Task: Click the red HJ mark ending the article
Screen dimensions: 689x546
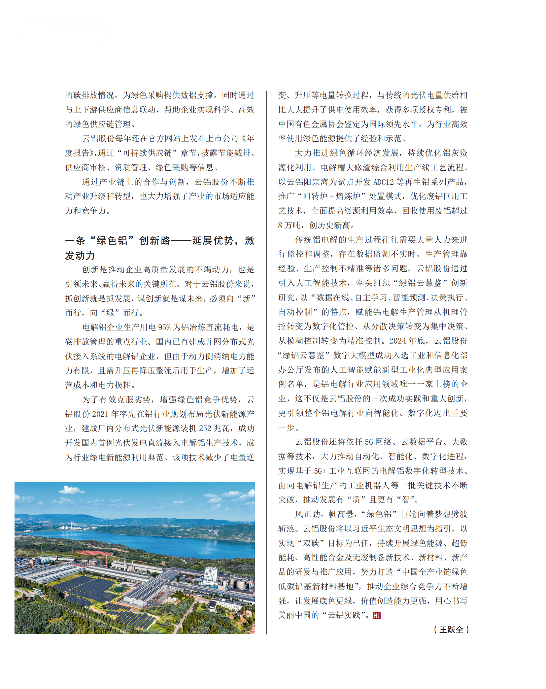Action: (x=376, y=615)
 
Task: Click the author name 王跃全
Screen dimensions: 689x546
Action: (x=451, y=630)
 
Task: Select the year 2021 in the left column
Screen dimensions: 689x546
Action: (x=100, y=414)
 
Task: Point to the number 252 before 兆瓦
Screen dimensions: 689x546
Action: (x=205, y=429)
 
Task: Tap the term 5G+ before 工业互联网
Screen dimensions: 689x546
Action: (x=320, y=471)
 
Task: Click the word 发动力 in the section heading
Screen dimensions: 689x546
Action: (x=80, y=255)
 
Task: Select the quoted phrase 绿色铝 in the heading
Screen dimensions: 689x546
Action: (x=112, y=241)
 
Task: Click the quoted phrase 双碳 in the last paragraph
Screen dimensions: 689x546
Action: (x=311, y=543)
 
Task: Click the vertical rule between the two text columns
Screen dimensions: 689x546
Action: (x=266, y=363)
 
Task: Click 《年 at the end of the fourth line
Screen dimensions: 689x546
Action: (x=248, y=139)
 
